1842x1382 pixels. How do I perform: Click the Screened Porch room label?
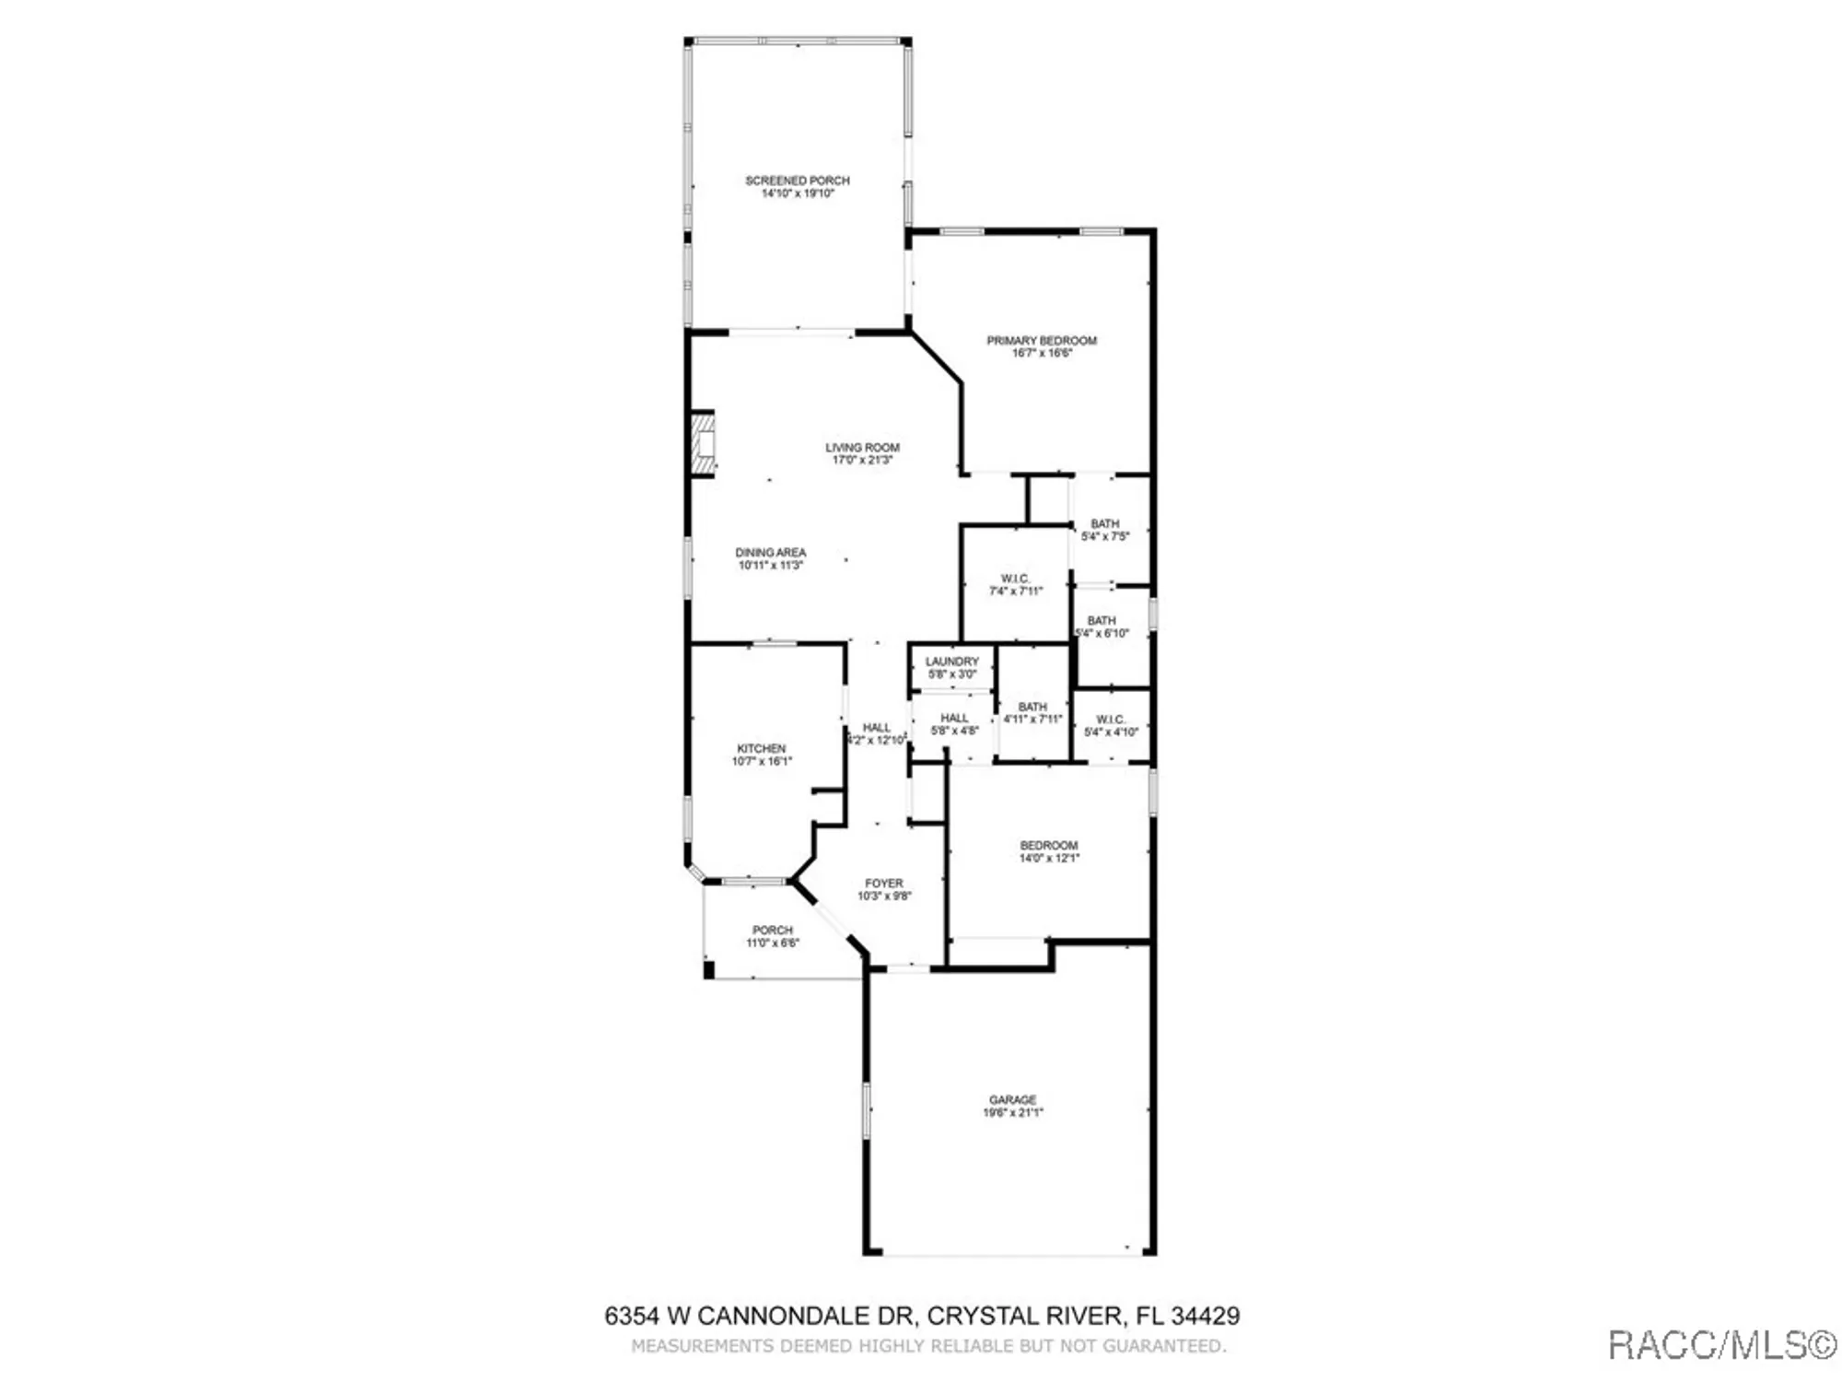(797, 187)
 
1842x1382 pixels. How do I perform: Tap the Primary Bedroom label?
(1042, 346)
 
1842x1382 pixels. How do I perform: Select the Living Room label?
(862, 453)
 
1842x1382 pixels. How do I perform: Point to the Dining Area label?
(770, 558)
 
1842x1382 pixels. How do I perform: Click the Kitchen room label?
(761, 755)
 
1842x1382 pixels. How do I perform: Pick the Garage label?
(1012, 1106)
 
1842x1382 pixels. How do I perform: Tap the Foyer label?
(883, 889)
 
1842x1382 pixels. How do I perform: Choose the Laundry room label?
(951, 667)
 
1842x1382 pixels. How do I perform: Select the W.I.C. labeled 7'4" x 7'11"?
(1015, 585)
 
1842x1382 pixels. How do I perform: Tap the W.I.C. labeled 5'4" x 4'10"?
(1111, 726)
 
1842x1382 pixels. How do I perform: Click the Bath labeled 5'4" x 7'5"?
(1104, 530)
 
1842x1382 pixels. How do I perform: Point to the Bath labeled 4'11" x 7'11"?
(1032, 713)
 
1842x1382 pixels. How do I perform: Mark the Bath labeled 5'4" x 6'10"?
(1102, 627)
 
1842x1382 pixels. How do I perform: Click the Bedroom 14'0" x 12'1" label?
(1048, 851)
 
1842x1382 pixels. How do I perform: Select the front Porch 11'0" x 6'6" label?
(772, 936)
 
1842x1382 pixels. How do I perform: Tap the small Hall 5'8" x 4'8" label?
(954, 724)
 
